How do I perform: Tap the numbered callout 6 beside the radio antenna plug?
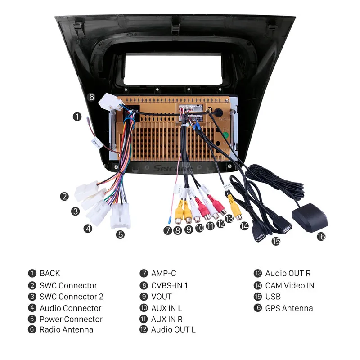point(91,97)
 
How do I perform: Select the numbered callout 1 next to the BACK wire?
point(77,117)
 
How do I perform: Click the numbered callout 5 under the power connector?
point(120,234)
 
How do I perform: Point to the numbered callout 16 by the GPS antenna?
point(320,236)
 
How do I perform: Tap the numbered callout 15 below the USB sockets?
point(275,242)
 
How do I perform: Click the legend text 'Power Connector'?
point(71,319)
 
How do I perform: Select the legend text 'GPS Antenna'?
point(289,308)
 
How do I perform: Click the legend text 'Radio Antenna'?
point(67,330)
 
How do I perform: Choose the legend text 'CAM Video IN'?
point(290,285)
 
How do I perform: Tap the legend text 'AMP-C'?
point(164,273)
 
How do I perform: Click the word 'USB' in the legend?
point(273,297)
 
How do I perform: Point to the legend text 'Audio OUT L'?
point(173,330)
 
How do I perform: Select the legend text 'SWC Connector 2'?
point(72,297)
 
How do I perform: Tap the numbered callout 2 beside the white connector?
point(65,197)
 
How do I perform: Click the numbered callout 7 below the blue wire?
point(167,231)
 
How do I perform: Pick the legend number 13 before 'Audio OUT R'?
point(258,274)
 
